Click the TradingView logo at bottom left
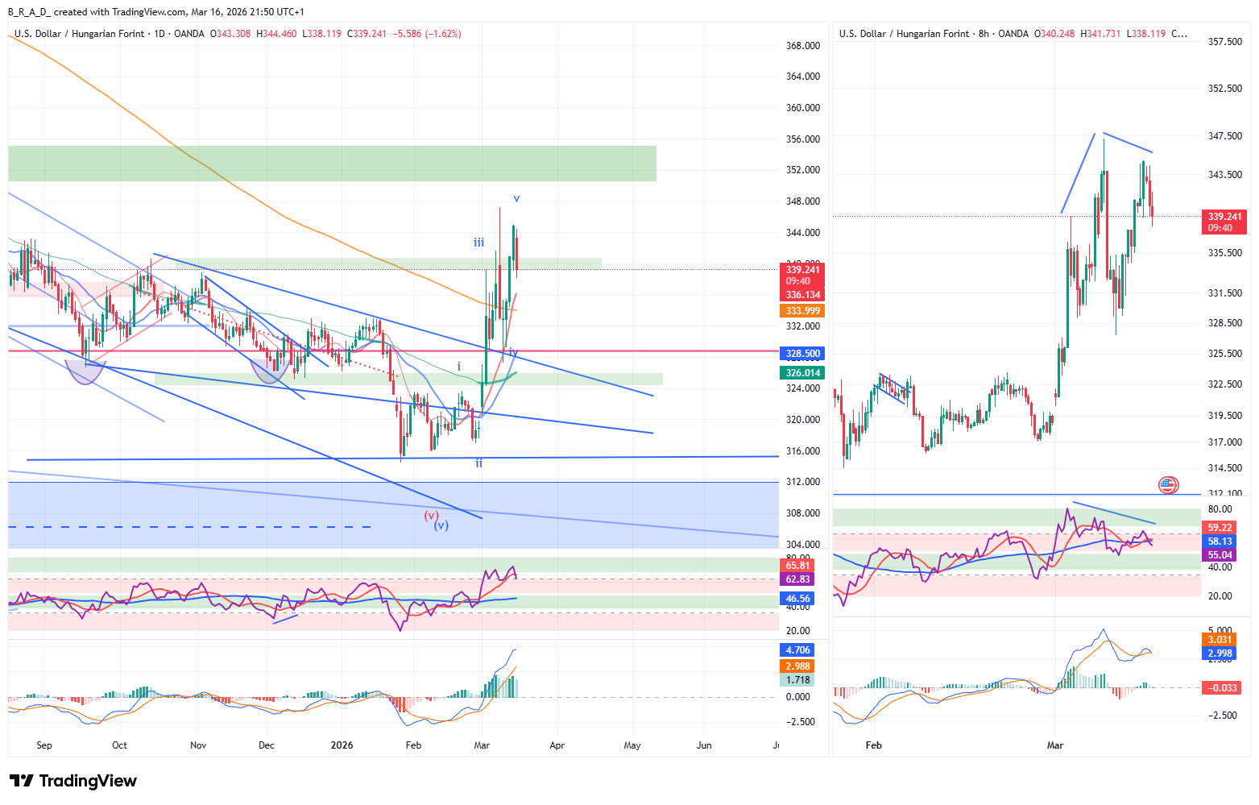pos(73,781)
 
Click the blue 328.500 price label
pos(802,354)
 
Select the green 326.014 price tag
pos(802,373)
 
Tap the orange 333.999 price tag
pos(802,311)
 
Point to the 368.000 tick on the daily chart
pos(802,46)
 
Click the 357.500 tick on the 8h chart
pos(1225,42)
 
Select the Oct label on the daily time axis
pos(119,745)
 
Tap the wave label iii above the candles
pos(479,243)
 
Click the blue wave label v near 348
pos(516,198)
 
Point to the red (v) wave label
pos(431,515)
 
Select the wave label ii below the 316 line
pos(479,463)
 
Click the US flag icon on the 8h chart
pos(1167,485)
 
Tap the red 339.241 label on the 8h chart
pos(1224,217)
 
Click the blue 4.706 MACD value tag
pos(797,650)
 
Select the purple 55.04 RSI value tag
pos(1220,555)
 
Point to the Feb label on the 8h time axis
pos(873,745)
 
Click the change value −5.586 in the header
pos(406,34)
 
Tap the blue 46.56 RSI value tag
pos(797,599)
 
